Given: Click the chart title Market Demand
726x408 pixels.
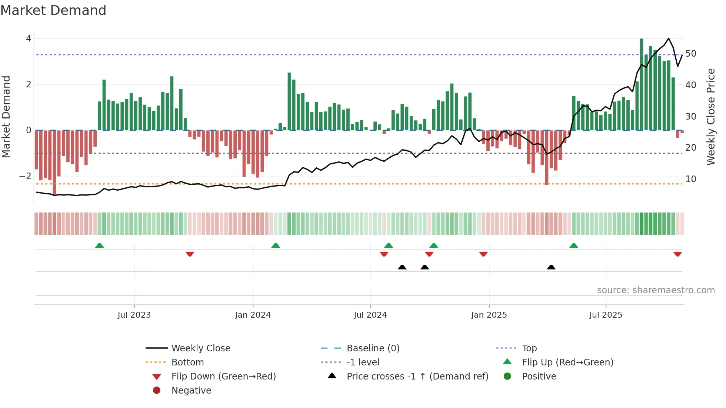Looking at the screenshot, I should (53, 10).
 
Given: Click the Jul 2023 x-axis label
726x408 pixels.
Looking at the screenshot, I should (134, 315).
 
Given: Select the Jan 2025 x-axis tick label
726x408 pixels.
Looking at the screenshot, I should (489, 315).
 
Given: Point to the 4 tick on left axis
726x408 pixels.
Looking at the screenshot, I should (29, 39).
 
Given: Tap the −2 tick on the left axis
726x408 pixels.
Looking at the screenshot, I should (26, 176).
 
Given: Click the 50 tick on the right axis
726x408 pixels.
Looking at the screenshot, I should (690, 54).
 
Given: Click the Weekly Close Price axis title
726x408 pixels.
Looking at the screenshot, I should (710, 117).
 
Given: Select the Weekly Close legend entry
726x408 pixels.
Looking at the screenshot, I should (200, 348).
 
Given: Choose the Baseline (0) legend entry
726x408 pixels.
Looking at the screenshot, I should (373, 348).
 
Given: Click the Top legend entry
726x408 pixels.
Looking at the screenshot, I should (529, 348).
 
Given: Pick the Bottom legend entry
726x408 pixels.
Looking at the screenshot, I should (187, 362).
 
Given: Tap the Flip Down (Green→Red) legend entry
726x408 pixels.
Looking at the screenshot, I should (223, 377).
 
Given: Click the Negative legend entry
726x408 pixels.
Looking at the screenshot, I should (191, 391).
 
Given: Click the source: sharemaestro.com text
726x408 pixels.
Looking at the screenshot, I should (656, 290).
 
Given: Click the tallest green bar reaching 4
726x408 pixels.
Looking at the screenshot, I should (642, 84).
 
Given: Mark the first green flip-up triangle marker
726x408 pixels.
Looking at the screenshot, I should (99, 245).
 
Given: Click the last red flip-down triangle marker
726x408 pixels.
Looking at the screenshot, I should (677, 254).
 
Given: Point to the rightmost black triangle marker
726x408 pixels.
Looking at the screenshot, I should (551, 267).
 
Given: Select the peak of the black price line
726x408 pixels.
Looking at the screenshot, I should (669, 39).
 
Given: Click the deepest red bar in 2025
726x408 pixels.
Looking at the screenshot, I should (547, 157).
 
